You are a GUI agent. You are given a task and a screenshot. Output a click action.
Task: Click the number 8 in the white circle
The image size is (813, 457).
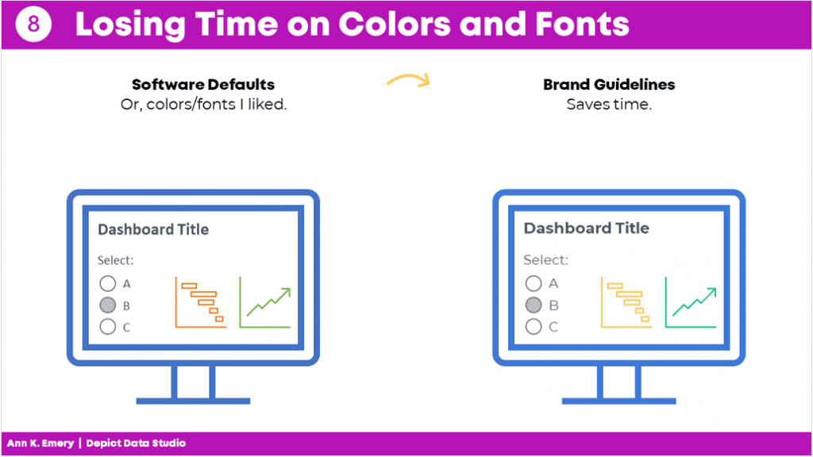(33, 24)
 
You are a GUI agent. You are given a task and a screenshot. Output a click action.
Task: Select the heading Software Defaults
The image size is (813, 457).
(203, 84)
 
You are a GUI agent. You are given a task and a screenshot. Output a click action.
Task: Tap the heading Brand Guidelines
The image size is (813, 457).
(609, 84)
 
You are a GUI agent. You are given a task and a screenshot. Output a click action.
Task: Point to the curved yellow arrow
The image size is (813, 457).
(409, 77)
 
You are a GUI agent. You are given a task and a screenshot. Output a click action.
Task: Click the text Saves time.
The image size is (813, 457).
(609, 104)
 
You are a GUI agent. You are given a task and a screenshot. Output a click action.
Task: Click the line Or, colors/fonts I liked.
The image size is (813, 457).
(203, 105)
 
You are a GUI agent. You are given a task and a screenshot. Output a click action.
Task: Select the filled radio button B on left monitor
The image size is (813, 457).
(108, 305)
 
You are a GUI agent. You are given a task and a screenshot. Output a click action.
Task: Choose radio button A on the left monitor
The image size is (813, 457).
(108, 283)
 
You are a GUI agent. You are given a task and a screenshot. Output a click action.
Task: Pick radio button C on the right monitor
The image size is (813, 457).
(534, 326)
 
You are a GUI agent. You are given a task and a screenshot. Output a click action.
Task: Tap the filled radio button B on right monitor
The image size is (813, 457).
(534, 305)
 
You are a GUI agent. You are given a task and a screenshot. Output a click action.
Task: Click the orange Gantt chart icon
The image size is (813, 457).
(201, 302)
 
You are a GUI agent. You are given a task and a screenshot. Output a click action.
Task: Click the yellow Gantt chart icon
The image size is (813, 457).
(626, 302)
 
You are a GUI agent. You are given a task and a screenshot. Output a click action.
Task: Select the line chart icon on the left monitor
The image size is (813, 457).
(265, 302)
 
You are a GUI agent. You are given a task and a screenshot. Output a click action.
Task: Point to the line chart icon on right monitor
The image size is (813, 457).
(691, 302)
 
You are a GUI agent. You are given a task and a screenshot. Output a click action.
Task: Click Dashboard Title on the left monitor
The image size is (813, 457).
(153, 229)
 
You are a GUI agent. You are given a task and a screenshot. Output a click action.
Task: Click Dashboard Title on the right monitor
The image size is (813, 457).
(587, 228)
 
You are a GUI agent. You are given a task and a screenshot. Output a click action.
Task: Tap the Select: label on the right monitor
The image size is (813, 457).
(545, 259)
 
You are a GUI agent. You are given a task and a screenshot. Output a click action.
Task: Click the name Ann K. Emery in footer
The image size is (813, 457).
(40, 444)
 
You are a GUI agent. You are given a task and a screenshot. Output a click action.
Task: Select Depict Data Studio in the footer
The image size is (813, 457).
(136, 444)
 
